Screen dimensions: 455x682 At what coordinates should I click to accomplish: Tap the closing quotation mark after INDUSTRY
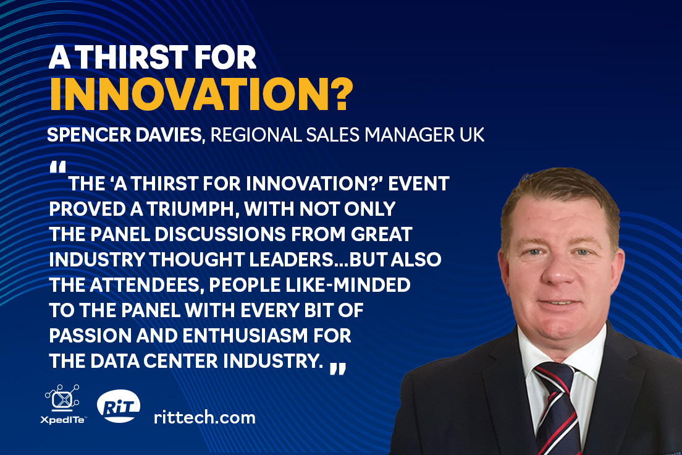(x=338, y=368)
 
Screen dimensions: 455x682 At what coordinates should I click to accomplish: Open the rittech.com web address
(x=204, y=417)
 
